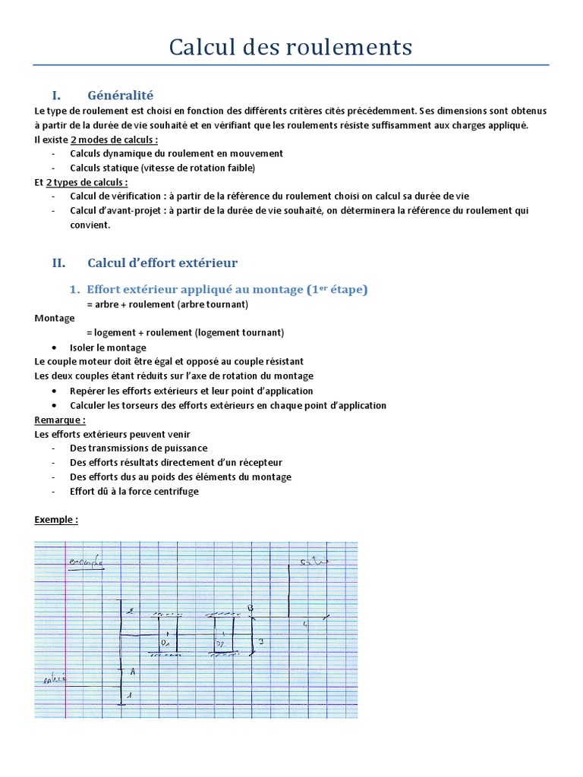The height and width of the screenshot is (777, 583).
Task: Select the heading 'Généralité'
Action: coord(120,95)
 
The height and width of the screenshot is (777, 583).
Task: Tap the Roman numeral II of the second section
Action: coord(58,263)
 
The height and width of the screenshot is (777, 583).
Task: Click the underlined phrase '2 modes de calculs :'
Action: coord(114,140)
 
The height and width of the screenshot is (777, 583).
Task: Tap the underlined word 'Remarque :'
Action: coord(60,420)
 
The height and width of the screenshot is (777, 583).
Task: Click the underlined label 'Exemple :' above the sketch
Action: coord(56,520)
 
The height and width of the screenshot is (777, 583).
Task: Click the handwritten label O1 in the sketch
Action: coord(164,643)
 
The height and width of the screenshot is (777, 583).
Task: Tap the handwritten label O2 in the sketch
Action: coord(221,643)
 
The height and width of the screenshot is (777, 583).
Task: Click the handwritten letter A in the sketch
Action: coord(132,672)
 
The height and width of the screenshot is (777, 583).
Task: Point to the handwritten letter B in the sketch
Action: coord(250,608)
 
